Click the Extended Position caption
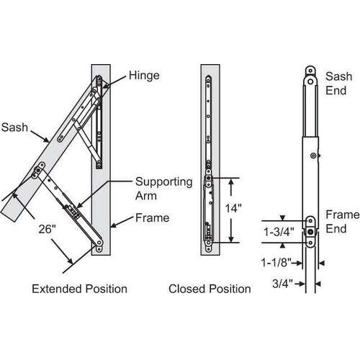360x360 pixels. [80, 289]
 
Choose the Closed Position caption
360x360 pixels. [210, 289]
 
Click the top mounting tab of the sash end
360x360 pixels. [310, 72]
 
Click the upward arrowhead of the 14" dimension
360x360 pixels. [231, 181]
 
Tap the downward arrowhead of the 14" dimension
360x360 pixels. [231, 242]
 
